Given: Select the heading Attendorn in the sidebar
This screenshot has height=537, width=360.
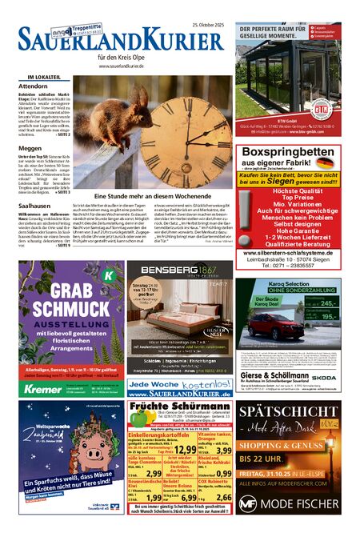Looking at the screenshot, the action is pos(34,86).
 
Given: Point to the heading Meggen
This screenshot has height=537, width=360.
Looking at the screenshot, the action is pos(30,146).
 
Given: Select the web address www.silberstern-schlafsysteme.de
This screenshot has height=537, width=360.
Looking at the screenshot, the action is pos(294,252).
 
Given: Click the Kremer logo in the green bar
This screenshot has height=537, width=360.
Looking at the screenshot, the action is pos(43,387).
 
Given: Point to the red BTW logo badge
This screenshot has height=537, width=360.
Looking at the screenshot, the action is pos(320,107).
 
